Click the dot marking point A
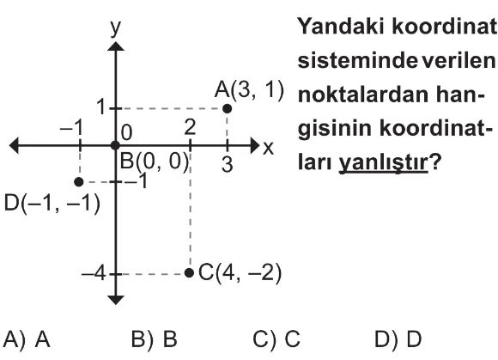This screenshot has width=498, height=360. tap(227, 108)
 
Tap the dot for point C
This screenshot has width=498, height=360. tap(189, 272)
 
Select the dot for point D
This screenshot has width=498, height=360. tap(79, 182)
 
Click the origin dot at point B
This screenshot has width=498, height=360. tap(115, 146)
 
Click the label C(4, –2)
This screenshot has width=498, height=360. tap(240, 272)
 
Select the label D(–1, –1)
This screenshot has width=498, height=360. tap(52, 204)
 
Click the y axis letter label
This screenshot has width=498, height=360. tap(115, 28)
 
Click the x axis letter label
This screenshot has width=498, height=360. tap(268, 148)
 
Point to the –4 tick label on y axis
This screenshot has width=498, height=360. tap(94, 273)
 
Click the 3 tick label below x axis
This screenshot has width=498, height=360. tap(227, 164)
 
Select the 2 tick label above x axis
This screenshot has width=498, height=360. tap(190, 127)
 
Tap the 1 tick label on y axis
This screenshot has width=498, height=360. tap(101, 107)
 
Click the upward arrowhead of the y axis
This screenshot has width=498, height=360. tap(116, 46)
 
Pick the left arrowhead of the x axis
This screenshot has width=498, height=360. tap(14, 145)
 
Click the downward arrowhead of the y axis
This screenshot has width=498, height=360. tap(116, 300)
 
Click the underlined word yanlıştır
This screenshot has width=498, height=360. tap(383, 163)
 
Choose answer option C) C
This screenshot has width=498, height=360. tap(276, 339)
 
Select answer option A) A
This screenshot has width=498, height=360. tap(27, 339)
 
